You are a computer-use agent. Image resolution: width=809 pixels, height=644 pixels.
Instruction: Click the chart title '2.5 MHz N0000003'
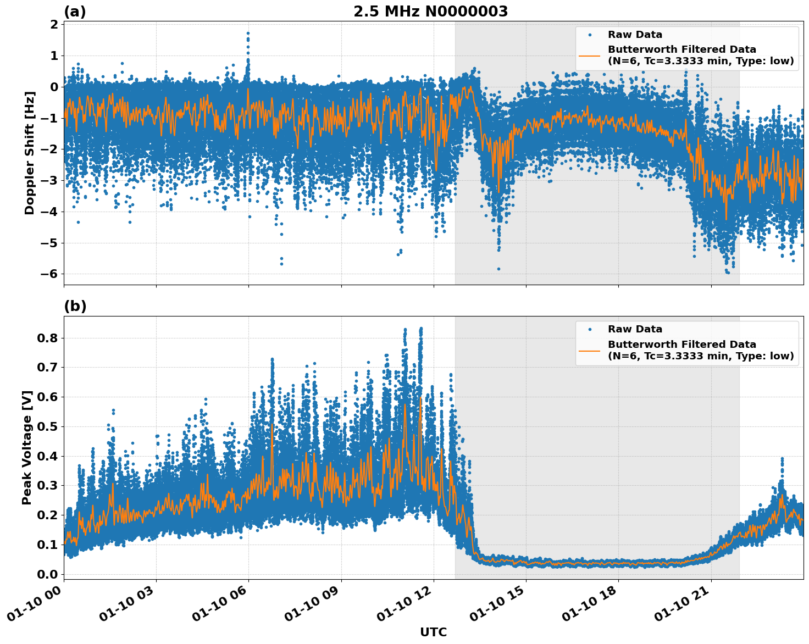pos(430,12)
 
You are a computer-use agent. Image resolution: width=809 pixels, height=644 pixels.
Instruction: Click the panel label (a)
pos(75,12)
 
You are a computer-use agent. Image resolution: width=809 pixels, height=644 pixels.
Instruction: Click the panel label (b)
pos(75,306)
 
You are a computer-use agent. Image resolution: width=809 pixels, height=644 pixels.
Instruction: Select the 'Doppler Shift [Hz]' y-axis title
pos(30,153)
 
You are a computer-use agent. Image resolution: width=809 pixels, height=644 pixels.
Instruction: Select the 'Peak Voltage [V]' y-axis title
pos(27,447)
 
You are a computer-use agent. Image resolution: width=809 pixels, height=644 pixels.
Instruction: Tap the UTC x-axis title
pos(433,632)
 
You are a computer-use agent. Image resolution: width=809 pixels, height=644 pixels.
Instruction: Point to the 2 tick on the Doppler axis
pos(54,24)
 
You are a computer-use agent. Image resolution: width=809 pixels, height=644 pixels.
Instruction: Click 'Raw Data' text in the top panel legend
pos(635,35)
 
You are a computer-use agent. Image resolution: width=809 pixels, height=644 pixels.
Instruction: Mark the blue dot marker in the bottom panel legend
pos(590,329)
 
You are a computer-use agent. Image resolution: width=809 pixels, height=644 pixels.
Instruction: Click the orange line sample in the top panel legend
pos(590,55)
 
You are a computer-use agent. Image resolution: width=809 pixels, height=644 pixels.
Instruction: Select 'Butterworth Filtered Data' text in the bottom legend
pos(681,345)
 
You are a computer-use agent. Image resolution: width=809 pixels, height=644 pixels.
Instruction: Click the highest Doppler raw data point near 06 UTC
pos(248,33)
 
